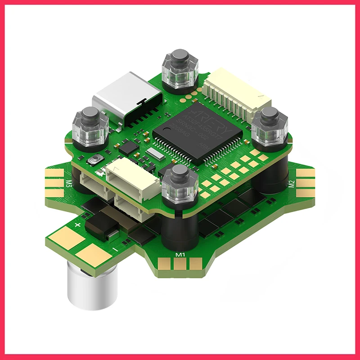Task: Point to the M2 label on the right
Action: click(291, 183)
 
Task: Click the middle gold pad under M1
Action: click(180, 265)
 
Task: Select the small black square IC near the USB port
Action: click(130, 146)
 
